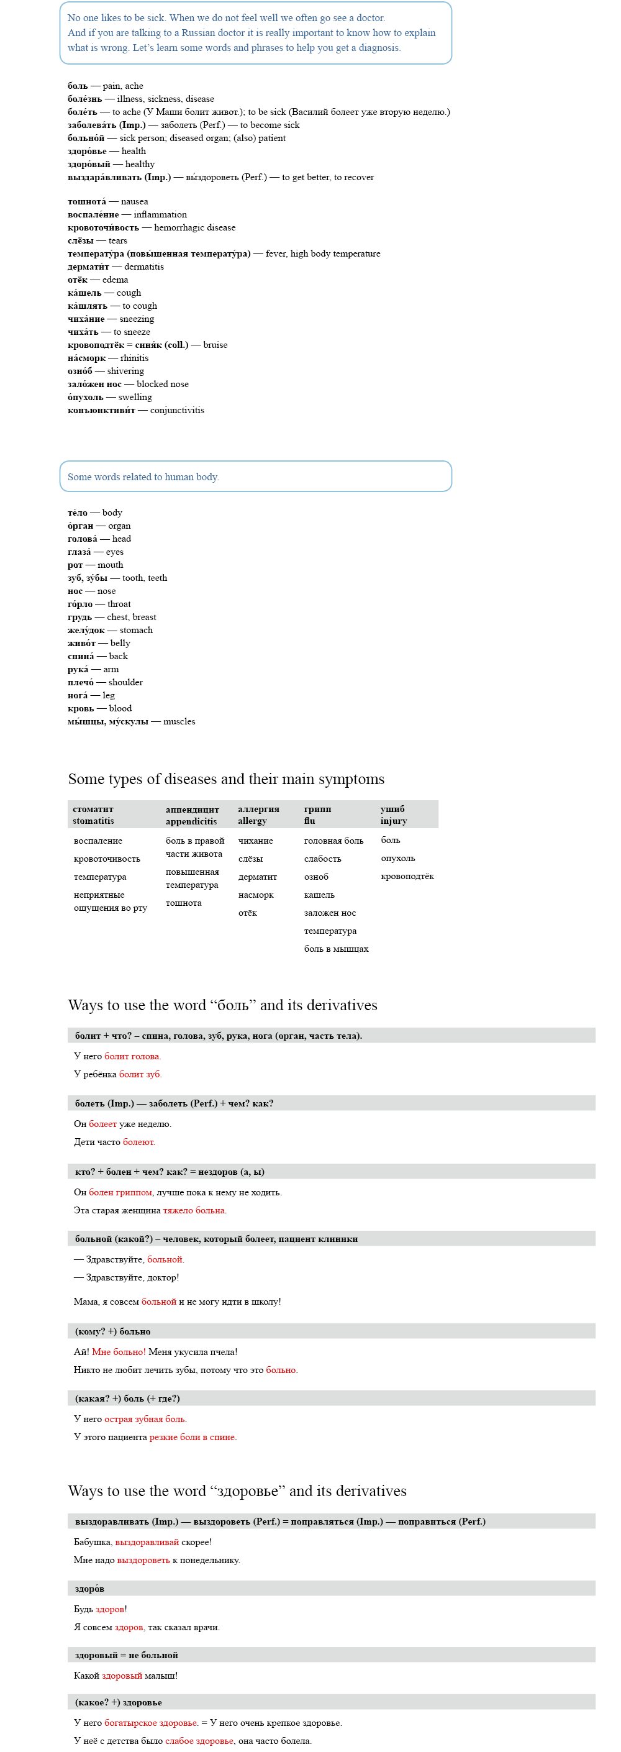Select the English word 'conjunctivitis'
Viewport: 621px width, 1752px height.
point(177,410)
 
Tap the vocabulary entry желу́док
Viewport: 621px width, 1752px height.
point(86,630)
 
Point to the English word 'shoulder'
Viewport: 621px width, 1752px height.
point(126,682)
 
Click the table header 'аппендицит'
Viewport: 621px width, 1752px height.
point(192,810)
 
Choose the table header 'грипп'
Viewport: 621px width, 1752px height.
point(317,809)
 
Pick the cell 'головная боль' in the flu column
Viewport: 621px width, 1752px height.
point(333,841)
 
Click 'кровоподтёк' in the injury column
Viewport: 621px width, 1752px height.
point(407,876)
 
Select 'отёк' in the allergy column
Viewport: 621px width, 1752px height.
point(248,913)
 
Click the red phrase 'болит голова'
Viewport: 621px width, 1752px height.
point(132,1056)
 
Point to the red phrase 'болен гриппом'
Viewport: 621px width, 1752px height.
point(120,1192)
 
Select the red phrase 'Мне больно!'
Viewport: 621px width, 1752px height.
point(119,1352)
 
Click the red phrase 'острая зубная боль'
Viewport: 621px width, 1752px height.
point(145,1420)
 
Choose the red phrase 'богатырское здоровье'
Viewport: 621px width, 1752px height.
point(150,1723)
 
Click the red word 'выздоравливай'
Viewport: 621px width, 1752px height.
point(147,1542)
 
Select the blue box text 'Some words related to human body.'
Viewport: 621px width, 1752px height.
point(143,477)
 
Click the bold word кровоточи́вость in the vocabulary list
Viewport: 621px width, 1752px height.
point(102,227)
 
